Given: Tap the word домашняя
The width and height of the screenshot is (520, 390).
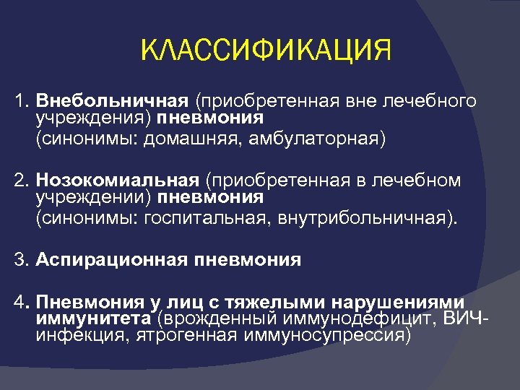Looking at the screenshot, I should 204,138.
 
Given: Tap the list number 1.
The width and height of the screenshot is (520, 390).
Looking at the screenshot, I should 21,100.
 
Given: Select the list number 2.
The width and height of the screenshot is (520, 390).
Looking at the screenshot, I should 21,180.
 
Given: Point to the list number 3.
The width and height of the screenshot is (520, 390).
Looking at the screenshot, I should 21,259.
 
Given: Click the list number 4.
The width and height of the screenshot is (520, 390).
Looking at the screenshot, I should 21,301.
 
